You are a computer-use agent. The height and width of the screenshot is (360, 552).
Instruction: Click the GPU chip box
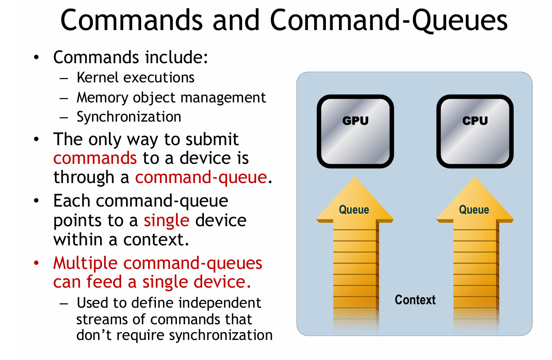[x=355, y=131]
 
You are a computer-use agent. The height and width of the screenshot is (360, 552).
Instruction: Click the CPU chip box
[x=475, y=131]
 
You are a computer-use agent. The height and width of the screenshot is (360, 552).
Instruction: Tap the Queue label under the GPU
[x=354, y=210]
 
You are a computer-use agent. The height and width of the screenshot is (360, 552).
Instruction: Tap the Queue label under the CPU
[x=474, y=210]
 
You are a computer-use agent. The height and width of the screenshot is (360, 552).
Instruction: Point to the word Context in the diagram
[x=415, y=300]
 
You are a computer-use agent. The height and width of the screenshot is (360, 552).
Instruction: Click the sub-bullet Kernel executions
[x=135, y=78]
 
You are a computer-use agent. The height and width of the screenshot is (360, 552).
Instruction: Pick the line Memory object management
[x=171, y=97]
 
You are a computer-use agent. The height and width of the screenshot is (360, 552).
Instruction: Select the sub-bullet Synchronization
[x=129, y=117]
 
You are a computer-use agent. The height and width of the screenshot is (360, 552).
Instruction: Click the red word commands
[x=95, y=158]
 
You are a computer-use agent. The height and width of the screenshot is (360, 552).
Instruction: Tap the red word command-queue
[x=201, y=177]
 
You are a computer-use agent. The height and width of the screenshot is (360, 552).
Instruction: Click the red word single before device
[x=166, y=220]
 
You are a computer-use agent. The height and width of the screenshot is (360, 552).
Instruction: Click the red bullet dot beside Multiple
[x=37, y=263]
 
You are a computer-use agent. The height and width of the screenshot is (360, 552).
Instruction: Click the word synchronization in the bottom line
[x=220, y=335]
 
